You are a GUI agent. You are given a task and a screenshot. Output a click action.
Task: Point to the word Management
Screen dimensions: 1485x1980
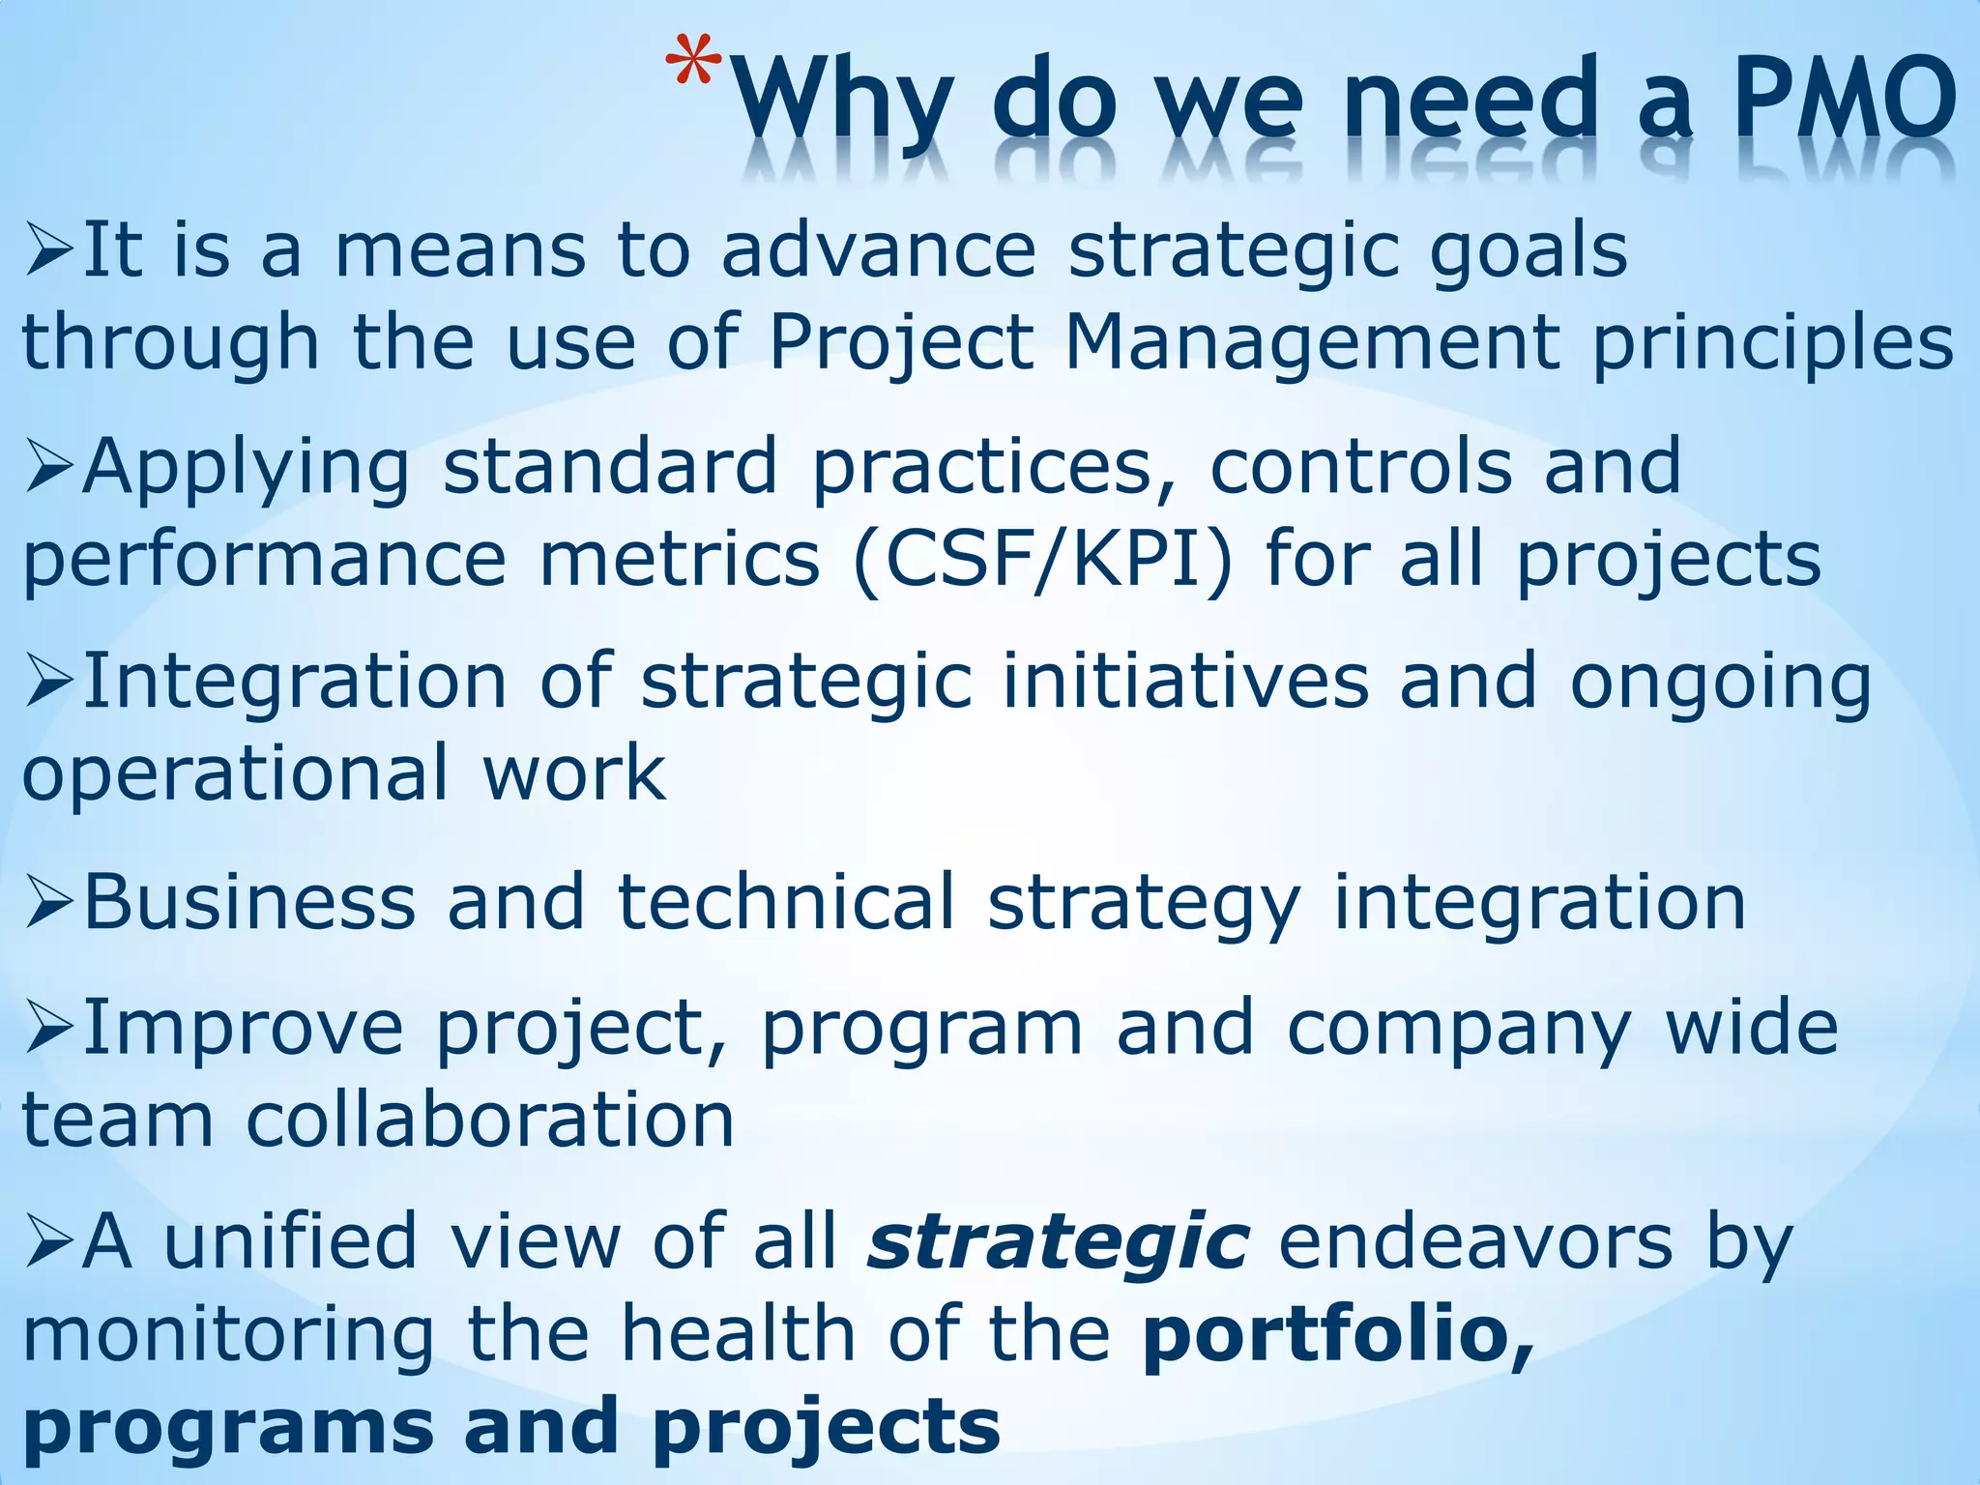click(x=1310, y=342)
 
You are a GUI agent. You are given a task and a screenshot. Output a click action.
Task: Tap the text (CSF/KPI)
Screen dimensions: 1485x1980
click(x=1043, y=560)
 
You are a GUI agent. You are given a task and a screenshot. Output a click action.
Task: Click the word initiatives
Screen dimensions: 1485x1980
click(x=1185, y=682)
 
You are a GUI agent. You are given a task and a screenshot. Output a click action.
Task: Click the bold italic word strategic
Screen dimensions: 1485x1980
click(x=1059, y=1243)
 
